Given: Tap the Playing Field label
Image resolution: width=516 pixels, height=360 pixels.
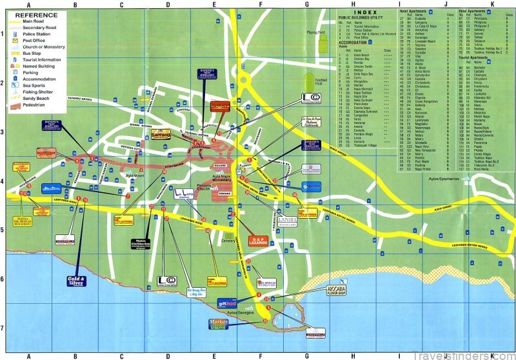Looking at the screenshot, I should tap(315, 31).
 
